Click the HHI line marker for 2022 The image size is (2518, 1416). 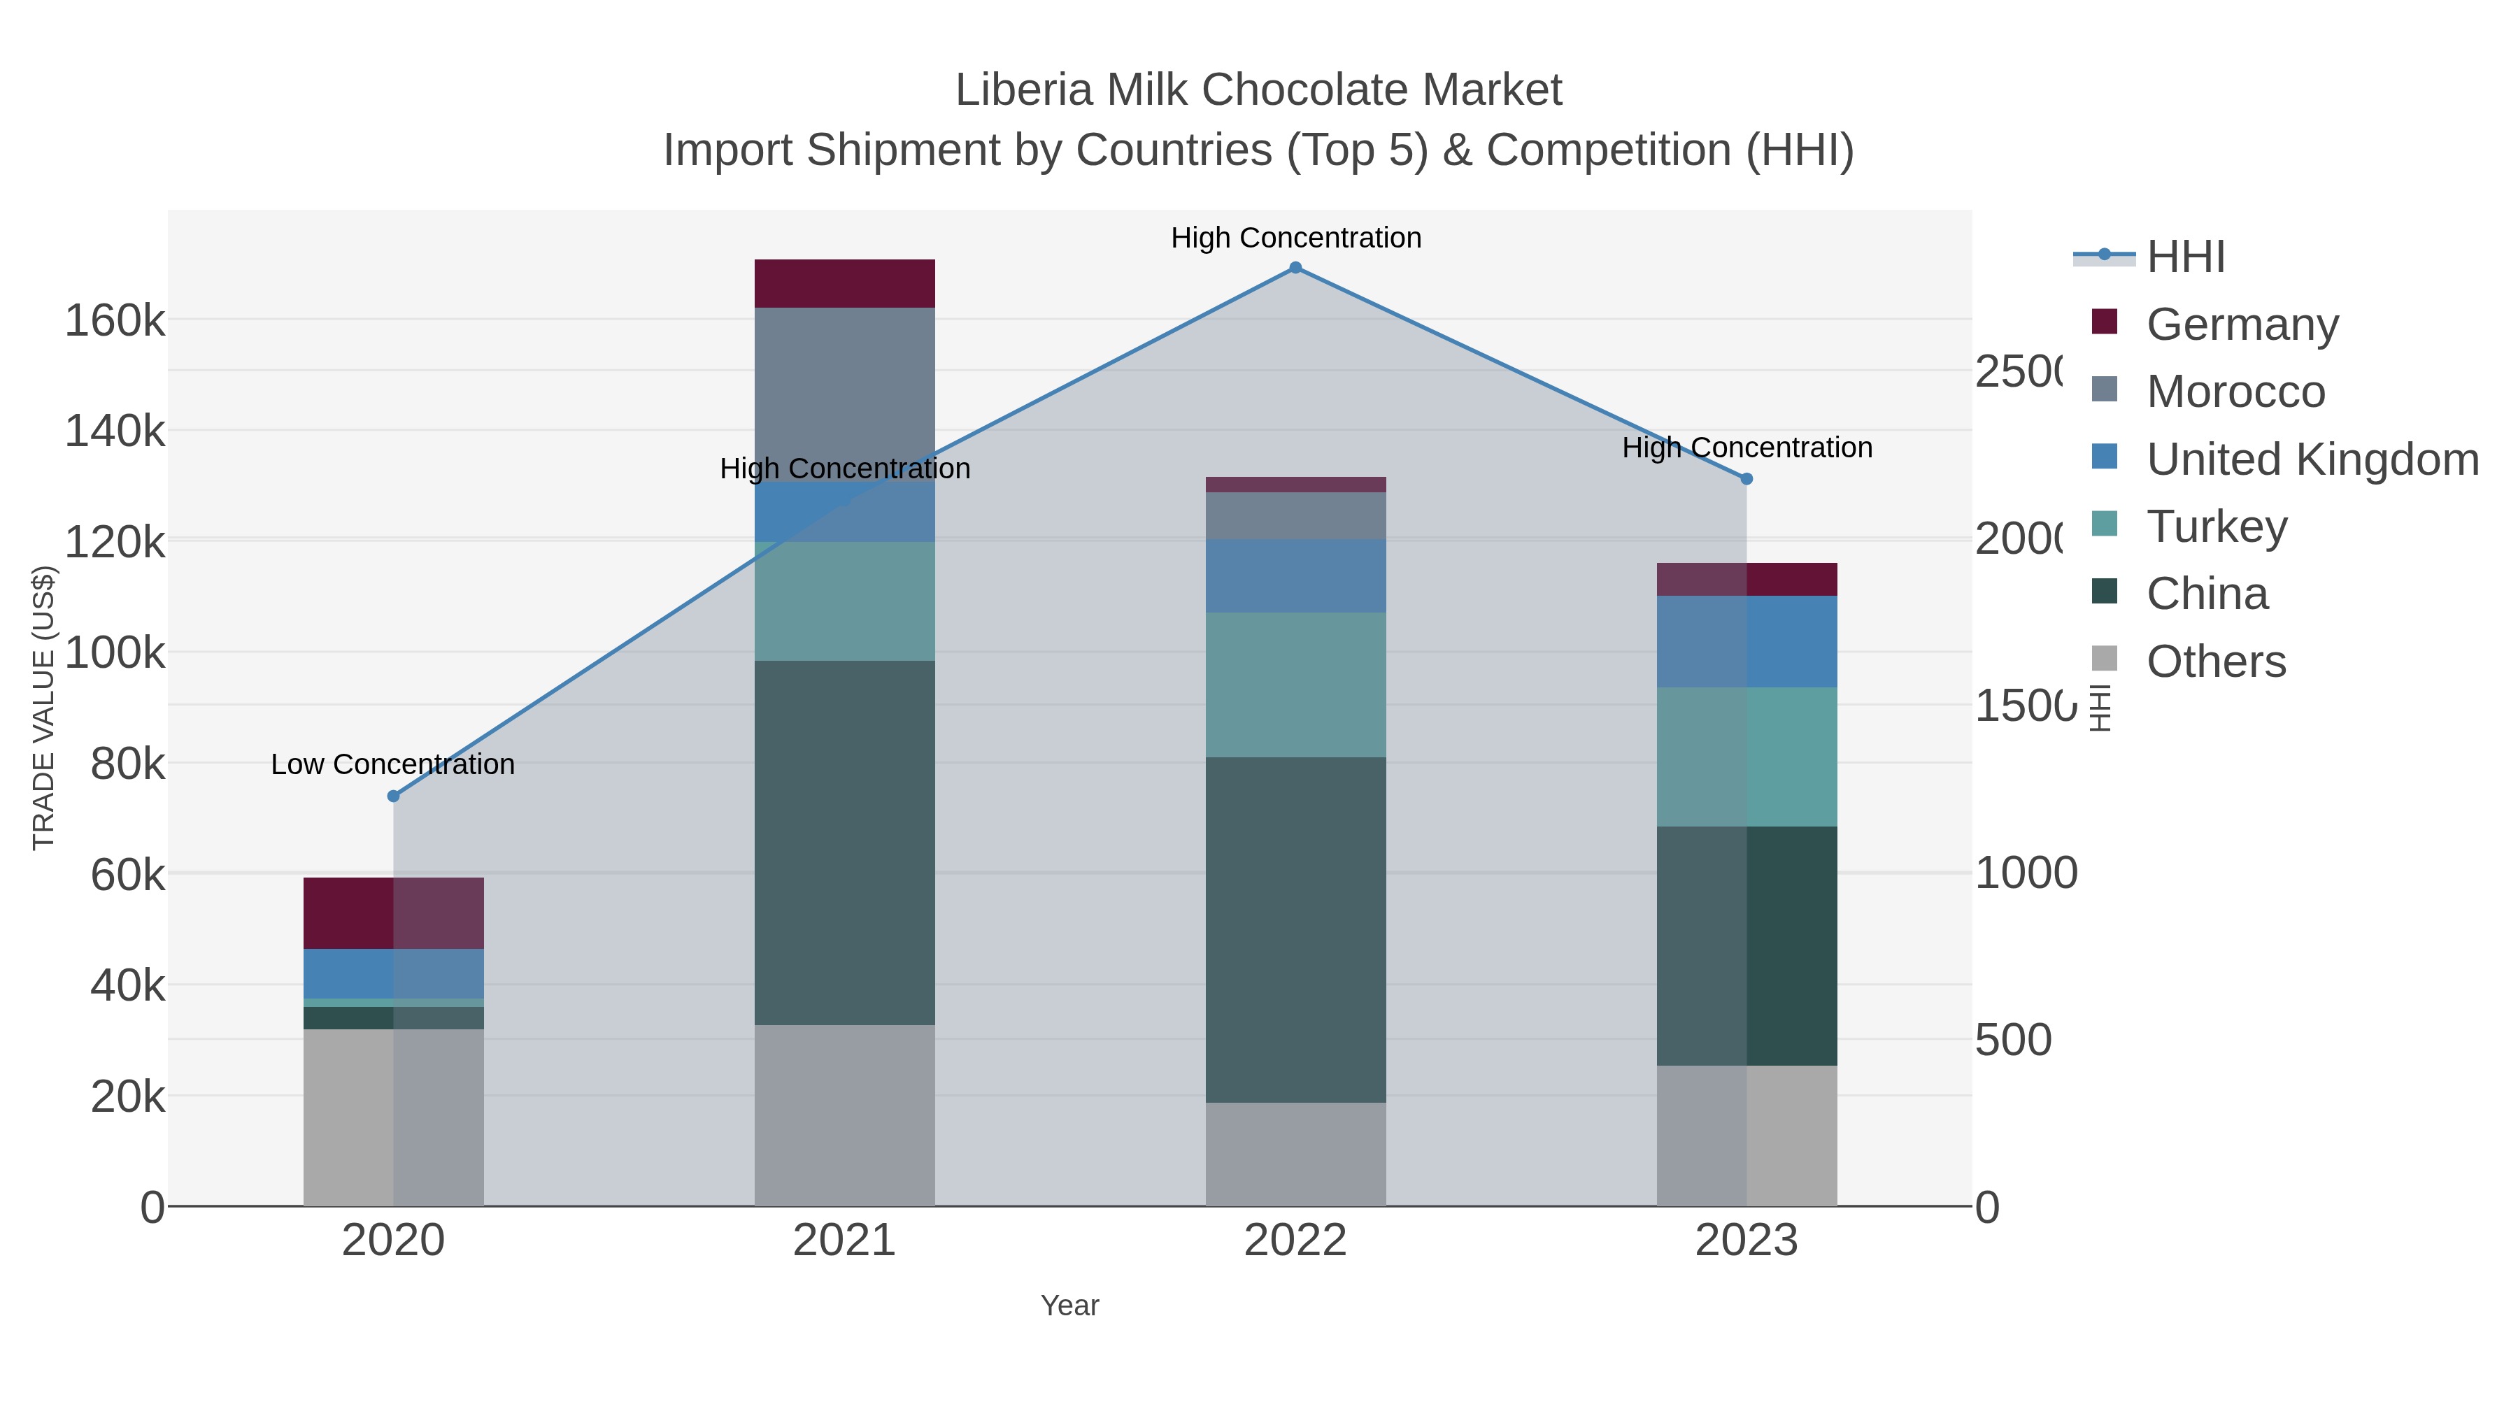1295,268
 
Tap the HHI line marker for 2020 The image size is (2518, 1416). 394,796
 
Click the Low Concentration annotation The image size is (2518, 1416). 393,764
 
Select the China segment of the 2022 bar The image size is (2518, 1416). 1295,929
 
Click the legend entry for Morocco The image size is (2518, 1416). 2235,392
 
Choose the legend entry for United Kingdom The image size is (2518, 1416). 2312,459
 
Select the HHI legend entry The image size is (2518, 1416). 2186,257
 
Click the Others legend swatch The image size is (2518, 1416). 2105,659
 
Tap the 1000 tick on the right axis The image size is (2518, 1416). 2026,873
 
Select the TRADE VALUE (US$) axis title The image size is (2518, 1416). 44,706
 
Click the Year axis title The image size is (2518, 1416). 1069,1306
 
